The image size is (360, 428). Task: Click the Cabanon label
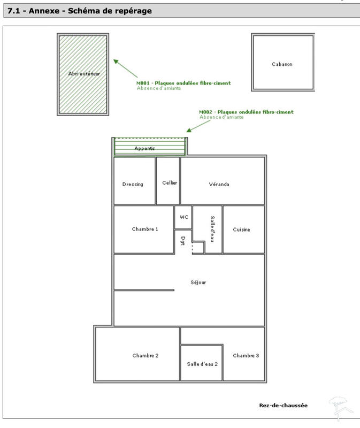pos(282,64)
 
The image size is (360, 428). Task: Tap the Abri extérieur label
pos(84,73)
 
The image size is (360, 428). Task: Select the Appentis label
pos(144,148)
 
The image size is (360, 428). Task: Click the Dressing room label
pos(133,185)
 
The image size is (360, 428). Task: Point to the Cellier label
pos(170,183)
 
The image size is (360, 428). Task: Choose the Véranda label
pos(219,185)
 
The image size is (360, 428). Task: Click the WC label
pos(184,217)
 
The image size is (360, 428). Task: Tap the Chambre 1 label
pos(145,229)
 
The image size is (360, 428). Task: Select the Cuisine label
pos(241,230)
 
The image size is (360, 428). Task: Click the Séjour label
pos(198,282)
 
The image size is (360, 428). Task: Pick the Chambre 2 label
pos(145,356)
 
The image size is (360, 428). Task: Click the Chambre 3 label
pos(246,356)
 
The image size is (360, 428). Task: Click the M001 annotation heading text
pos(183,83)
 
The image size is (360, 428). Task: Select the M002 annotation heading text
pos(246,112)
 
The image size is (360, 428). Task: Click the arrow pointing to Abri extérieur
pos(126,68)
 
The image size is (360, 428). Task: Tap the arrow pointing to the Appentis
pos(196,125)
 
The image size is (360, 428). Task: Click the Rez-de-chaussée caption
pos(283,406)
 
